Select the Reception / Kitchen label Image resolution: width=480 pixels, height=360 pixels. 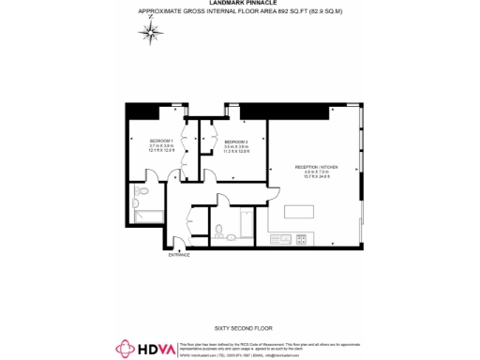tap(315, 167)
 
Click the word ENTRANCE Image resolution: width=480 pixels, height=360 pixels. tap(179, 255)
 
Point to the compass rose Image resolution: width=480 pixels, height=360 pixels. tap(151, 31)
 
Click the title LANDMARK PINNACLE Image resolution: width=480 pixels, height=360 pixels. tap(240, 4)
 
